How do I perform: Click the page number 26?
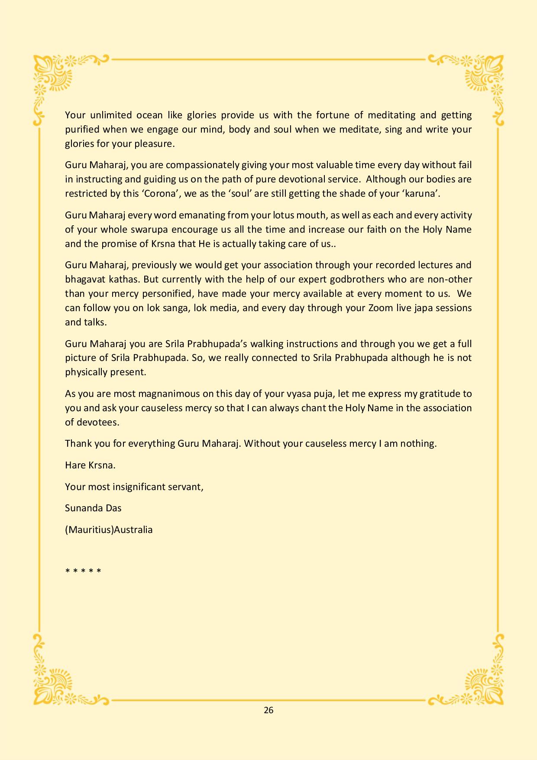tap(268, 710)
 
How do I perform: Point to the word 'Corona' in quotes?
tap(159, 194)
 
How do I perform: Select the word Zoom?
tap(382, 308)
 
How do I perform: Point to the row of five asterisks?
tap(83, 571)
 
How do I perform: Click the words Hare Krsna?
tap(90, 465)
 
